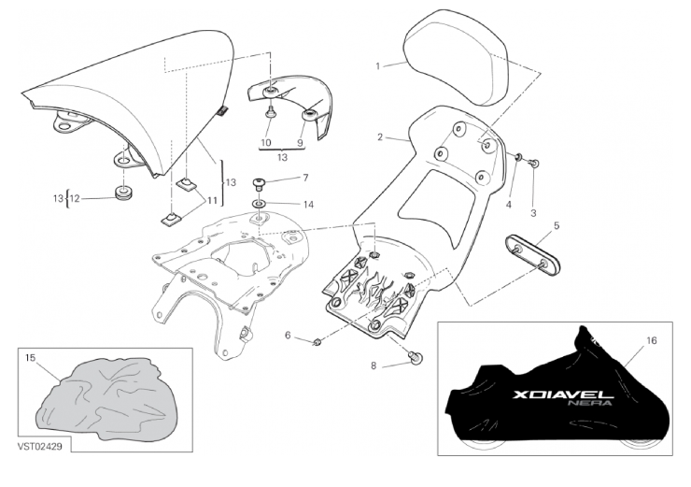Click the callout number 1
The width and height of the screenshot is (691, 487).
click(x=378, y=66)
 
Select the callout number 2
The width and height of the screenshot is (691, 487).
click(x=380, y=137)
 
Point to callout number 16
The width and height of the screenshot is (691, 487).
click(x=653, y=343)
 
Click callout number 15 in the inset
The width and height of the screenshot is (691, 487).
click(x=30, y=358)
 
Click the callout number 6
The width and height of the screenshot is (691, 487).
click(x=288, y=334)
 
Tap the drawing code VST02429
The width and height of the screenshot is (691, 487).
click(x=38, y=447)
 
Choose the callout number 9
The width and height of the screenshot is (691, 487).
click(x=300, y=143)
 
